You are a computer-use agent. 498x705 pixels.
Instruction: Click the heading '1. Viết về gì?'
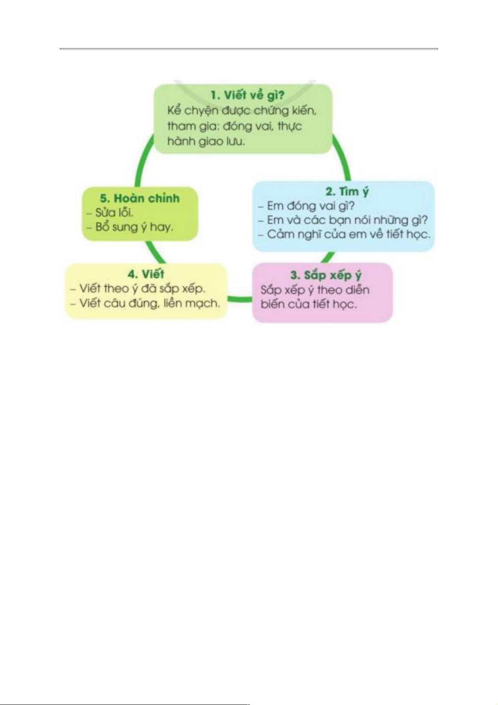247,95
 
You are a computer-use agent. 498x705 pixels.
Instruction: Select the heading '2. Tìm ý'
347,192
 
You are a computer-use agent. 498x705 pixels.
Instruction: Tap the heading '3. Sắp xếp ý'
326,275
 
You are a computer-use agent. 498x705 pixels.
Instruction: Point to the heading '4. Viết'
146,274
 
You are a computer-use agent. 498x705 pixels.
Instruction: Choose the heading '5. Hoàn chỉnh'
140,198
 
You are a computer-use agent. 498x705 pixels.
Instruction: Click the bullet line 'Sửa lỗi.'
111,213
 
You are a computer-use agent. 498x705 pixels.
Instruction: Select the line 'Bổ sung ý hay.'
130,227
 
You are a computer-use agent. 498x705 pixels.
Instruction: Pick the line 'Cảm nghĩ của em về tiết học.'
345,234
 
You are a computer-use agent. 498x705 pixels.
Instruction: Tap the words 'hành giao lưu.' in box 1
206,141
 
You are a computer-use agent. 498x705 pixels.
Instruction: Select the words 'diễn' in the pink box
357,290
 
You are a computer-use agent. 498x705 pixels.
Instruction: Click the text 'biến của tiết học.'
309,304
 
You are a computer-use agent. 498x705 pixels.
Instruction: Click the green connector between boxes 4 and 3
240,299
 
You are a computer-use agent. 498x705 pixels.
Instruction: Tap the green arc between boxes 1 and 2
344,157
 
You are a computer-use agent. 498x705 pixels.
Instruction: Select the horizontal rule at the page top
249,49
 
